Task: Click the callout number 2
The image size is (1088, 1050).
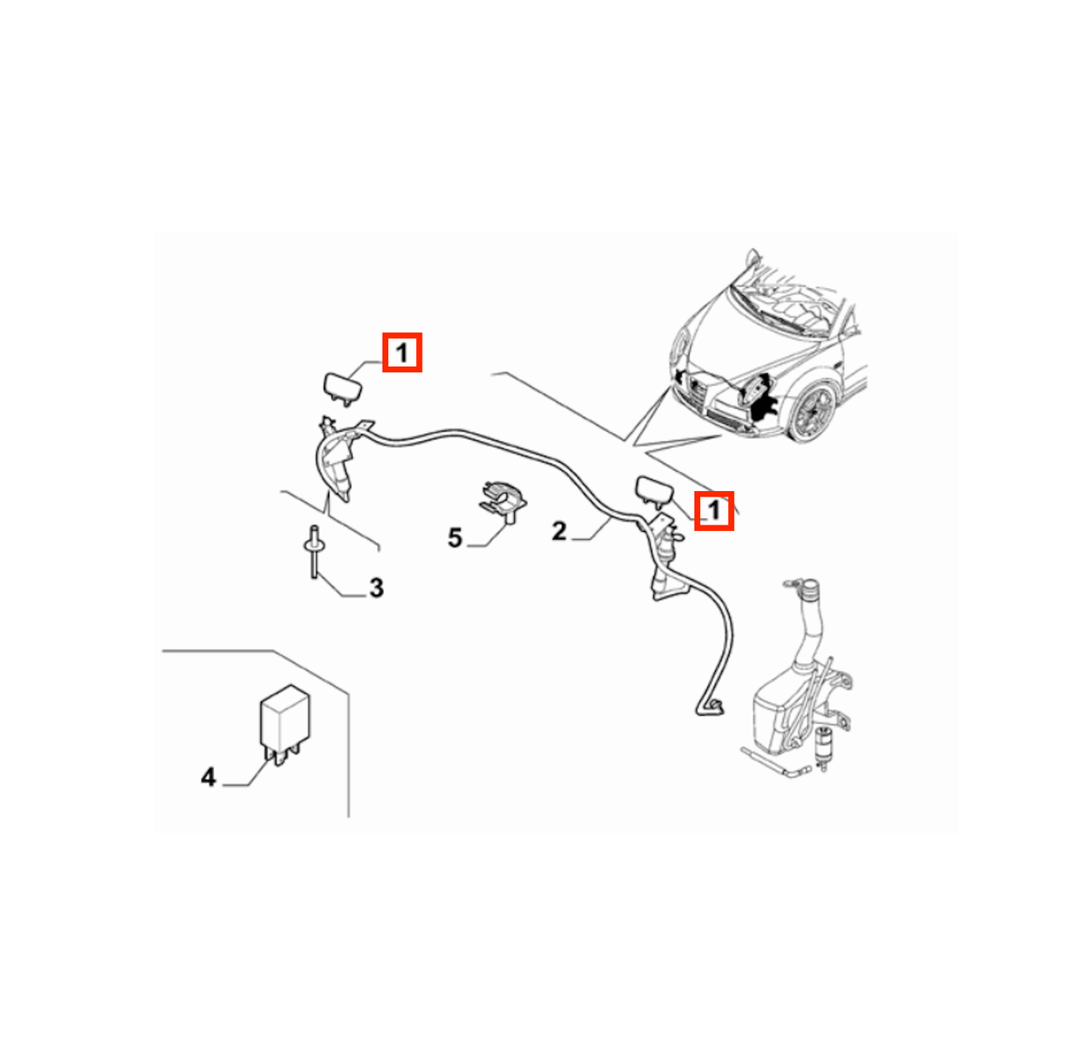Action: click(559, 531)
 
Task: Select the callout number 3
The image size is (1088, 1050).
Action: click(376, 588)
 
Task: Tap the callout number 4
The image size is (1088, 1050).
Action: click(208, 777)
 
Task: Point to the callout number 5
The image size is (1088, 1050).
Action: click(454, 538)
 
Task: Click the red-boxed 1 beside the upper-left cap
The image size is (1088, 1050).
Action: click(402, 352)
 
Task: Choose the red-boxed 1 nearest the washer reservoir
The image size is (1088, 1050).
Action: click(714, 510)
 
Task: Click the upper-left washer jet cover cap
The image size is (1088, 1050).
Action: click(343, 388)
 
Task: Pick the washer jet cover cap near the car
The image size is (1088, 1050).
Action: click(655, 490)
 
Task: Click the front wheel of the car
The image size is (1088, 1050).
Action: click(811, 411)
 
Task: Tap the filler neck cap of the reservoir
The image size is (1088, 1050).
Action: click(809, 589)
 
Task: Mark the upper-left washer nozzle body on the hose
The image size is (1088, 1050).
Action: click(336, 458)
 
